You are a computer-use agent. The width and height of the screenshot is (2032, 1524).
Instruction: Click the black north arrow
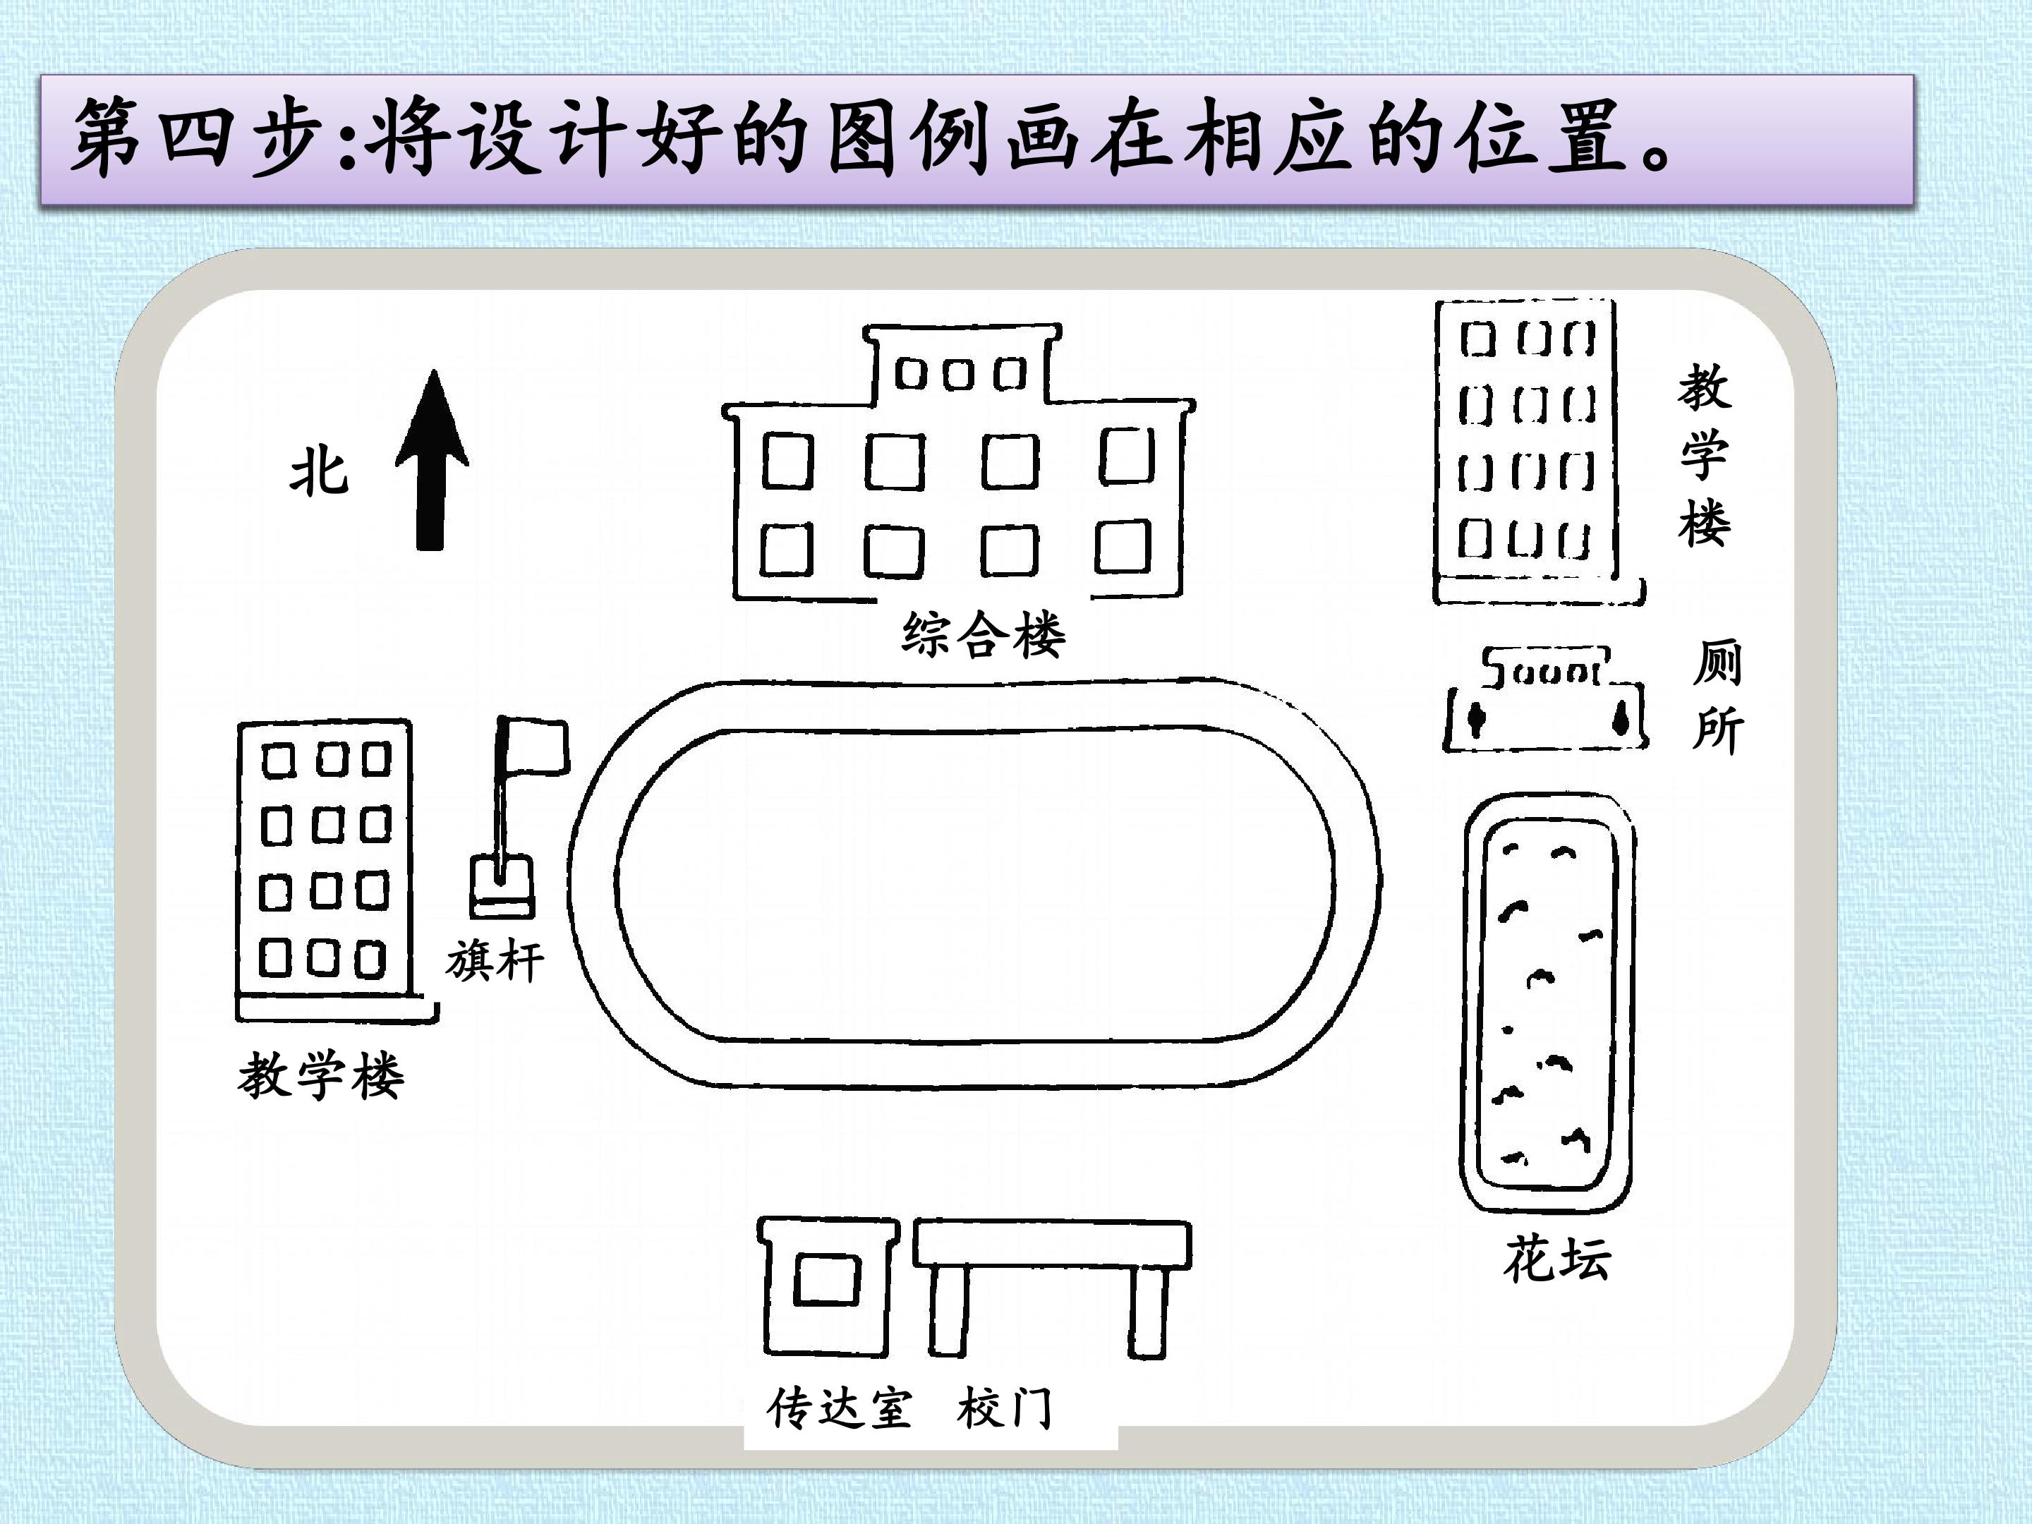tap(432, 459)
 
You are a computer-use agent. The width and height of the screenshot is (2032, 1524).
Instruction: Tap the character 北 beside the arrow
tap(320, 474)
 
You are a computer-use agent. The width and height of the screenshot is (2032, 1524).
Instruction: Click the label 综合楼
tap(983, 634)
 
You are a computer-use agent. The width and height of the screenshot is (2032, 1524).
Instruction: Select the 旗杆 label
tap(495, 962)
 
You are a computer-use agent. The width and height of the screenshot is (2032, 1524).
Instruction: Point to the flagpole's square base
tap(502, 886)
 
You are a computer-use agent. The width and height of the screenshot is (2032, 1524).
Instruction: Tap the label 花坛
tap(1557, 1259)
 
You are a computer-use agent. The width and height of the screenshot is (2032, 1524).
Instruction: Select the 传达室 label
tap(840, 1408)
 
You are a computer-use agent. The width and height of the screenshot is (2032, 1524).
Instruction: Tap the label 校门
tap(1005, 1408)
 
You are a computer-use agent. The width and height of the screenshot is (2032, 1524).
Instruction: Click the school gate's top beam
tap(1053, 1245)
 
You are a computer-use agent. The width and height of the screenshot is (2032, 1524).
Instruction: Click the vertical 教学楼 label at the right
tap(1705, 454)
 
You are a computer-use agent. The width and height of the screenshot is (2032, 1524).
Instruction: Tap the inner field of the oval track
tap(974, 886)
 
